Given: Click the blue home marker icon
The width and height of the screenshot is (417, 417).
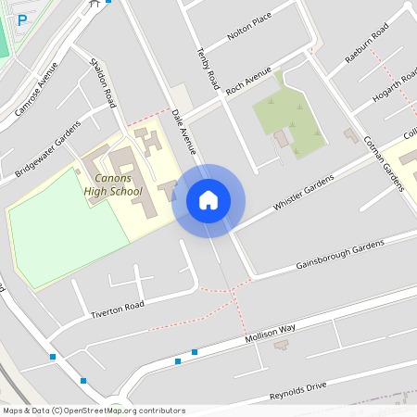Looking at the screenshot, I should [208, 199].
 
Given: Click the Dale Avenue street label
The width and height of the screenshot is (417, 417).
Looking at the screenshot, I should [184, 130].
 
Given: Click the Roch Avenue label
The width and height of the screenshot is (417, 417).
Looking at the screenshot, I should [248, 81].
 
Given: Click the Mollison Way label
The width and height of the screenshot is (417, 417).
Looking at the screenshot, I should [270, 335].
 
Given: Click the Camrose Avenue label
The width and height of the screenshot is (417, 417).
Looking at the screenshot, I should [37, 90].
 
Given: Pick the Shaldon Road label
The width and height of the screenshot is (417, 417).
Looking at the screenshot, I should [102, 82].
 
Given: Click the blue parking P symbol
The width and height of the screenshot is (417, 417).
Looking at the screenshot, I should [22, 19].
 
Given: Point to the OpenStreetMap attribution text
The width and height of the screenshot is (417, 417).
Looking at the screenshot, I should [94, 411].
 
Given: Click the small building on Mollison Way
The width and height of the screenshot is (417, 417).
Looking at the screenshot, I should [281, 345].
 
